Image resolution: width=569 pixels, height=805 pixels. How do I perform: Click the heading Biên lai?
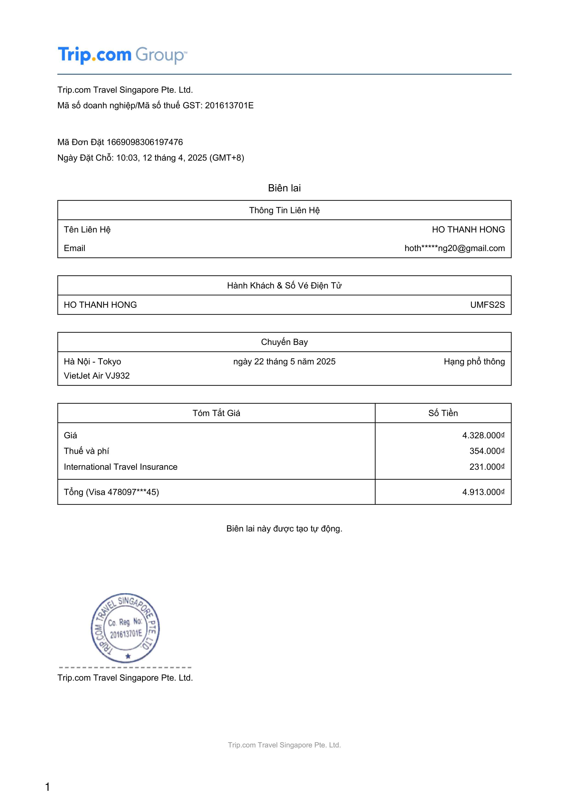(284, 188)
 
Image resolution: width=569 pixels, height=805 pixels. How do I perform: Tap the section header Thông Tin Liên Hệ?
(284, 210)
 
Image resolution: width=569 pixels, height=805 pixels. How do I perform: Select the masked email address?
(454, 248)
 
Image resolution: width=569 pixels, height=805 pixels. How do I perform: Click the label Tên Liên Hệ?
(87, 230)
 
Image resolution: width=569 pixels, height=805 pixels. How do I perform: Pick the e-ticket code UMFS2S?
(487, 305)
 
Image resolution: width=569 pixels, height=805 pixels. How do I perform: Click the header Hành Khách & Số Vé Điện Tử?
(284, 285)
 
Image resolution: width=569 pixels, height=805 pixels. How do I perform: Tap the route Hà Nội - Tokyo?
(92, 361)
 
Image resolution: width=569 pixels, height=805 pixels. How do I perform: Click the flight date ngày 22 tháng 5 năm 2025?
(284, 361)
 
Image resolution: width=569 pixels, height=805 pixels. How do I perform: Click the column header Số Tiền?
(443, 413)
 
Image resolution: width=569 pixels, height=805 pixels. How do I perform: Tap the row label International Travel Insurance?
(121, 467)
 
